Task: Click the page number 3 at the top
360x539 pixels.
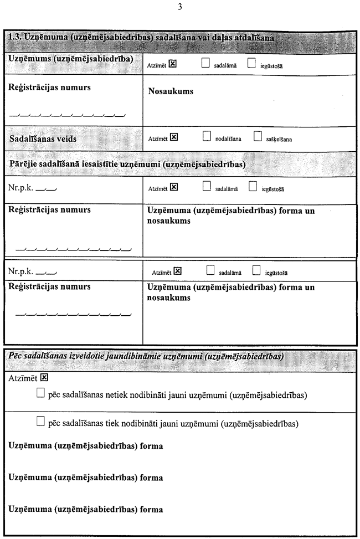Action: (x=180, y=7)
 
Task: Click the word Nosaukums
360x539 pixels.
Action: (x=171, y=91)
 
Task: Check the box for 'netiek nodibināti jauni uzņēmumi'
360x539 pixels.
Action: (x=40, y=394)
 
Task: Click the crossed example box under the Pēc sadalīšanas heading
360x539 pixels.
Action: (x=45, y=378)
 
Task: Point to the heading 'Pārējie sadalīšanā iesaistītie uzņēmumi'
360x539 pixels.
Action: (x=127, y=165)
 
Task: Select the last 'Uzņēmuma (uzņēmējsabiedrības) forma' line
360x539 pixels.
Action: (x=86, y=507)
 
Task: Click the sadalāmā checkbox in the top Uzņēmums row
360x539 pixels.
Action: (x=205, y=63)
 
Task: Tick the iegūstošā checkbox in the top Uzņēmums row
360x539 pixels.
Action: (x=251, y=63)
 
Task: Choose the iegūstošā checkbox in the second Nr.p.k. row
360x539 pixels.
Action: (x=256, y=271)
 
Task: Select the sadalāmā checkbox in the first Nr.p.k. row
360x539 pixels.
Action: (x=206, y=187)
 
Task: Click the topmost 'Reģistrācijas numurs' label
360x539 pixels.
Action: (x=50, y=88)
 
